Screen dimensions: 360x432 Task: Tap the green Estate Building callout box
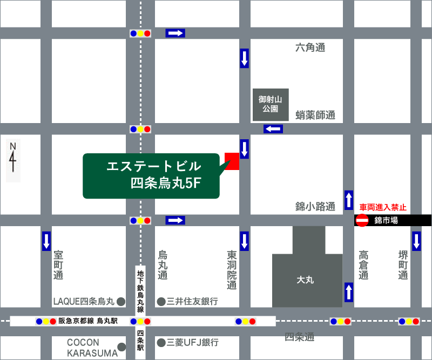[x=151, y=175]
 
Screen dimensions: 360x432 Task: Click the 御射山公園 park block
[x=271, y=104]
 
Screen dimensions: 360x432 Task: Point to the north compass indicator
[x=13, y=160]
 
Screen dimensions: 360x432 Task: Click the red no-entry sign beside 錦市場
[x=362, y=220]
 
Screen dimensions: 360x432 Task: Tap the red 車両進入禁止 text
[x=383, y=207]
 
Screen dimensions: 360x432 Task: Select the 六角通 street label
[x=310, y=47]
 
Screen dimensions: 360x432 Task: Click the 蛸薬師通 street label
[x=315, y=115]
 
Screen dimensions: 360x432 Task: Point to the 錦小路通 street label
[x=315, y=206]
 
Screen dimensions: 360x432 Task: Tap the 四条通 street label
[x=300, y=337]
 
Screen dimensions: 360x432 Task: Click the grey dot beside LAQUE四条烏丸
[x=121, y=301]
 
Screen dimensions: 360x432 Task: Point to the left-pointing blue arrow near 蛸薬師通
[x=273, y=129]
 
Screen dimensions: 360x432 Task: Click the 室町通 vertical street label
[x=58, y=265]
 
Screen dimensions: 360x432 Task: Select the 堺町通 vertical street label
[x=403, y=265]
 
